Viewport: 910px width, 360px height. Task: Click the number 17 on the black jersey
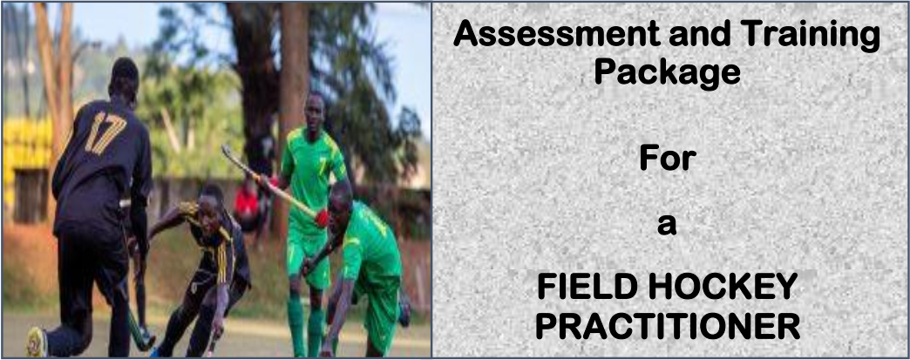(105, 133)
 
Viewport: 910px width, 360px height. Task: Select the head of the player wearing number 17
(126, 77)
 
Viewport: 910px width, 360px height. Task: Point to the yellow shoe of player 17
(37, 342)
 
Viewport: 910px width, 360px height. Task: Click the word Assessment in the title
(557, 36)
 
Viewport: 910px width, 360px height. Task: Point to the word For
(667, 158)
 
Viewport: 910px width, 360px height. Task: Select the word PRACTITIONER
(668, 326)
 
